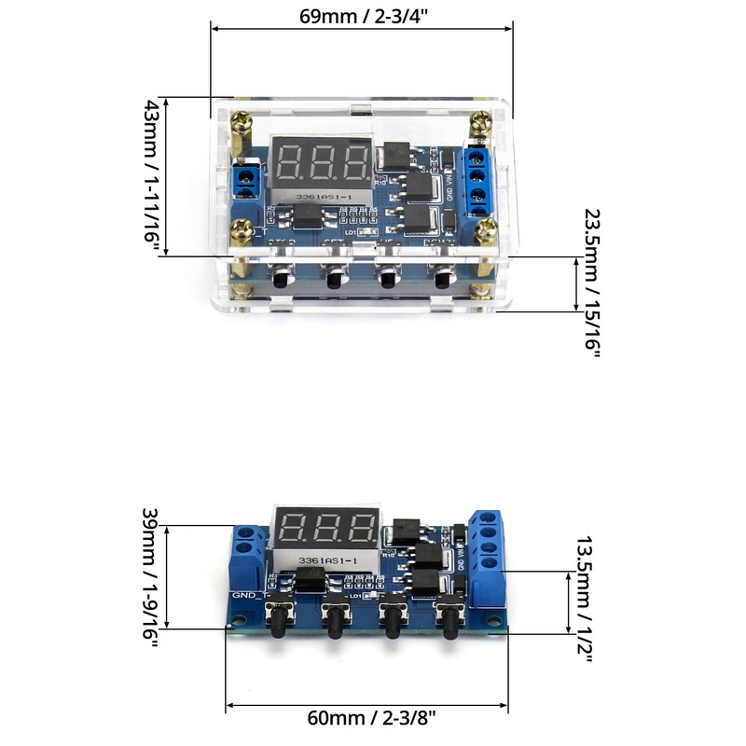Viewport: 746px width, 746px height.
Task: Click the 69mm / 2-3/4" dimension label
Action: pos(364,18)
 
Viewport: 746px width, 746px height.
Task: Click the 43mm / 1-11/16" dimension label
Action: pos(152,175)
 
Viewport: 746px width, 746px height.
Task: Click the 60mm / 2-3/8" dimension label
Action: pos(370,719)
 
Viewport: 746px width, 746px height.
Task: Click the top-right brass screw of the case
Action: pos(482,122)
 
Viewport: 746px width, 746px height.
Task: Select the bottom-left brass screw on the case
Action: pos(244,226)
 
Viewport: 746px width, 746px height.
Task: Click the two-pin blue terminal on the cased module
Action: pos(247,177)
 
